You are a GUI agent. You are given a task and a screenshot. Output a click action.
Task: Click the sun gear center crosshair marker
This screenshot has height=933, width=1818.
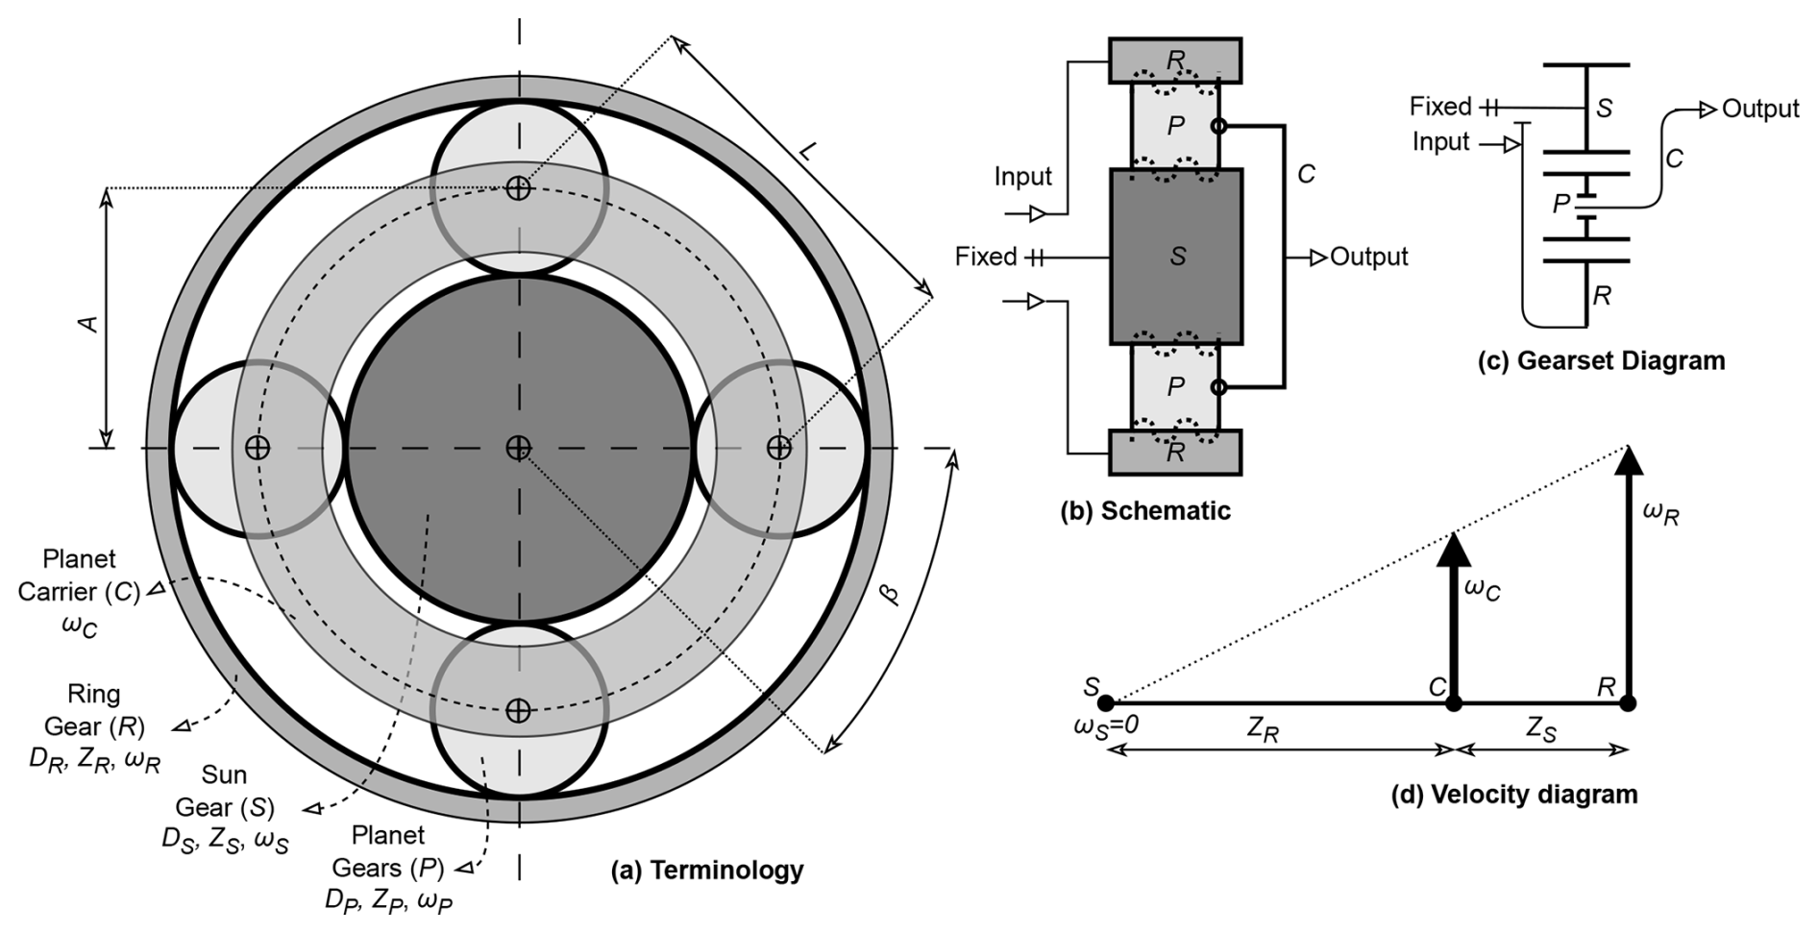coord(519,448)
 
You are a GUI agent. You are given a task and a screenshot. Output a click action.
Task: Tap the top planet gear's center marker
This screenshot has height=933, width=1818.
coord(519,187)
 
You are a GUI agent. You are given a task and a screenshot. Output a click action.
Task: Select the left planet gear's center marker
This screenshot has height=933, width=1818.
coord(257,448)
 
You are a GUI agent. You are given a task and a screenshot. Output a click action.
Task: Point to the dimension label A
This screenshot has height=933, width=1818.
coord(88,323)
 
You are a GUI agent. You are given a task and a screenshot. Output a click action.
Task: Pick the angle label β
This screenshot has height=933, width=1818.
coord(890,593)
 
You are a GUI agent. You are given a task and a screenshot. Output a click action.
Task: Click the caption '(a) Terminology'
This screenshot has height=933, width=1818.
coord(707,871)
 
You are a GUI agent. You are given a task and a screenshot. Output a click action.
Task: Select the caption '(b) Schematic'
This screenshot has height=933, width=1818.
coord(1144,510)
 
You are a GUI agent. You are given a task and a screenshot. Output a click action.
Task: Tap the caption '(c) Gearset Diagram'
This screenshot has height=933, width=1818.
coord(1601,360)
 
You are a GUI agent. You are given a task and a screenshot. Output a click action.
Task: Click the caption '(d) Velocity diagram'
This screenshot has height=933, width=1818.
coord(1514,795)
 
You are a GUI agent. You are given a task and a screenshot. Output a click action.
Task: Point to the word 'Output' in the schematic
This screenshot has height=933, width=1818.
coord(1368,257)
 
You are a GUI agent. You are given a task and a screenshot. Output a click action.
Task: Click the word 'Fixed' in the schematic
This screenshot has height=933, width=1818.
coord(985,257)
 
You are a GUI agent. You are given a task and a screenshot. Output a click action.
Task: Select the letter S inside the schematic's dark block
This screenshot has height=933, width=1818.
coord(1178,257)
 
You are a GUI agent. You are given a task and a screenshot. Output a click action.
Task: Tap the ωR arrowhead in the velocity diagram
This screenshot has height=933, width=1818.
coord(1628,462)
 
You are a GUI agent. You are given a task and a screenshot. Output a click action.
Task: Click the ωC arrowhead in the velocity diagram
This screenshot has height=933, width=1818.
coord(1454,549)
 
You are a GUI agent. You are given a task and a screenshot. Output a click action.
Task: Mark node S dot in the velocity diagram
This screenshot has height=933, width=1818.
coord(1106,703)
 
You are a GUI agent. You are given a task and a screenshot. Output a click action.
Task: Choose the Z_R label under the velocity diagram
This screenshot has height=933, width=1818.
coord(1264,731)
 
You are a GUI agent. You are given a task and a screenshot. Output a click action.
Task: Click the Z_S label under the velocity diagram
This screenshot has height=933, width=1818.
coord(1541,731)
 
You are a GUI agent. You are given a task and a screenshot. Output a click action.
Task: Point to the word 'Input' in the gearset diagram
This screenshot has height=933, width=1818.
coord(1440,142)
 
